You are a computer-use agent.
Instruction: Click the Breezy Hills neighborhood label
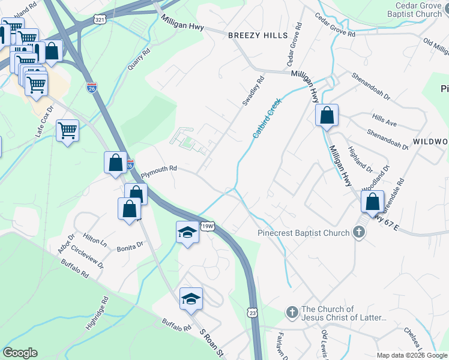(258, 35)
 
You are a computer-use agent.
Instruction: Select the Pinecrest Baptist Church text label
(303, 233)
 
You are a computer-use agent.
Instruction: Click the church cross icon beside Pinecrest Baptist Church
(359, 233)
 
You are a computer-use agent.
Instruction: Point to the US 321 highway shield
(100, 20)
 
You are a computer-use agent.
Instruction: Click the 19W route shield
(208, 227)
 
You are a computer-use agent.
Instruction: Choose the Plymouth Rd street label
(158, 171)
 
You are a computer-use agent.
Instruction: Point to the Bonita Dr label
(131, 246)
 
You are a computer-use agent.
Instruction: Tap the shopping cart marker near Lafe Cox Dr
(67, 130)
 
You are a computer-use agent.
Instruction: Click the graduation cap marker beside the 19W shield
(187, 232)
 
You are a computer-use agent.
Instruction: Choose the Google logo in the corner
(20, 353)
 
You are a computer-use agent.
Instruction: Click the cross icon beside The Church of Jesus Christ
(292, 312)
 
